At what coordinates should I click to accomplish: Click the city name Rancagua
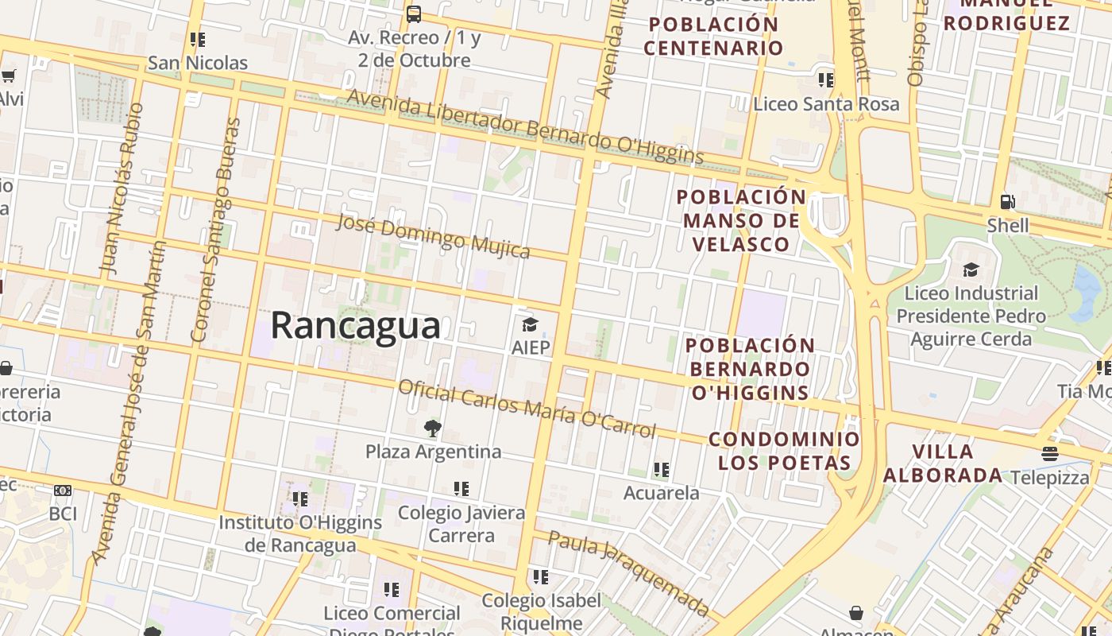355,326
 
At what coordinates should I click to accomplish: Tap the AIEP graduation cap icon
530,324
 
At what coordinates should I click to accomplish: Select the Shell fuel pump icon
1007,202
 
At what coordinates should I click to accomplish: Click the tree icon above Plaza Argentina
432,429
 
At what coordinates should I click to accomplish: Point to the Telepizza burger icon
1050,454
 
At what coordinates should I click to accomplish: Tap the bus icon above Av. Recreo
413,14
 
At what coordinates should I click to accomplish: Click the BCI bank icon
63,491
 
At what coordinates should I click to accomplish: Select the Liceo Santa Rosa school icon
826,79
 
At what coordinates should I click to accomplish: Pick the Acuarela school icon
661,470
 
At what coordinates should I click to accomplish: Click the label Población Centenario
713,36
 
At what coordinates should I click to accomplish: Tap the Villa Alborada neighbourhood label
943,463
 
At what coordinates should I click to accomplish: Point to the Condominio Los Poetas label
783,451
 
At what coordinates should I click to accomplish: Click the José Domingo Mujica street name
433,236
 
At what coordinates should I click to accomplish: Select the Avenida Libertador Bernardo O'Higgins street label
525,127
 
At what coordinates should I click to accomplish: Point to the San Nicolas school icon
198,39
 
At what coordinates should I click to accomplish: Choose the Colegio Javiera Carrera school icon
461,488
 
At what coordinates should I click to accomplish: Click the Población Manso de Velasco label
741,220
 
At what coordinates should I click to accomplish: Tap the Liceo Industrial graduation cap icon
971,270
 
